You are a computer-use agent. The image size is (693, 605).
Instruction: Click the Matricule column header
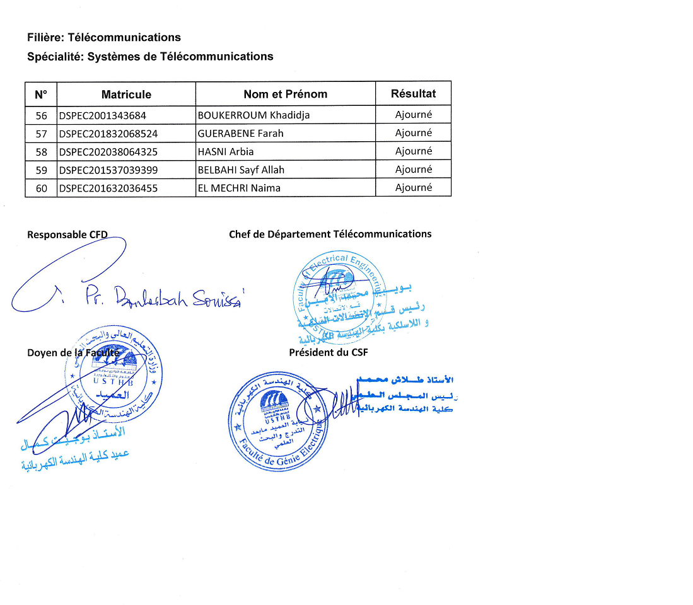[126, 95]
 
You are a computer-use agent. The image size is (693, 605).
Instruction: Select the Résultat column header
[413, 93]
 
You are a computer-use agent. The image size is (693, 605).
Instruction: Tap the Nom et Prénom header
[285, 95]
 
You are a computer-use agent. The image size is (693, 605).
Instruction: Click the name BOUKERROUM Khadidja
[253, 115]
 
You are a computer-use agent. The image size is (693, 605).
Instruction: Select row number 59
[42, 170]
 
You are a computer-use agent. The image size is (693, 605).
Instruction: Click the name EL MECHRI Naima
[239, 188]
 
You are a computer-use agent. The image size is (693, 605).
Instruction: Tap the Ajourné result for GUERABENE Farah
[413, 133]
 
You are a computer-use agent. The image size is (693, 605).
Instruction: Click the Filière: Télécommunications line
[104, 38]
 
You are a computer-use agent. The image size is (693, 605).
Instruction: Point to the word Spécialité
[54, 57]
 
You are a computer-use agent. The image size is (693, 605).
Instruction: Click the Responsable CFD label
[67, 234]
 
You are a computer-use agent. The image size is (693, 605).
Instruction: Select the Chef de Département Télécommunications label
[330, 234]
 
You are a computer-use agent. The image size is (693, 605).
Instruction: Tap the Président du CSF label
[328, 352]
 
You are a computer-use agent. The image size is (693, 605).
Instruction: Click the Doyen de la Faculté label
[73, 353]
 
